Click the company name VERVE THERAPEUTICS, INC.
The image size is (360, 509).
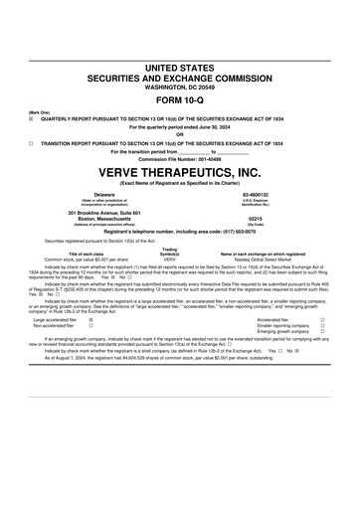tap(180, 172)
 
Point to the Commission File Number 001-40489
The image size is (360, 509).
tap(180, 159)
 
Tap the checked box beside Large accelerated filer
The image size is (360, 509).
tap(91, 320)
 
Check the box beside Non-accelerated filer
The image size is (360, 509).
tap(91, 326)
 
